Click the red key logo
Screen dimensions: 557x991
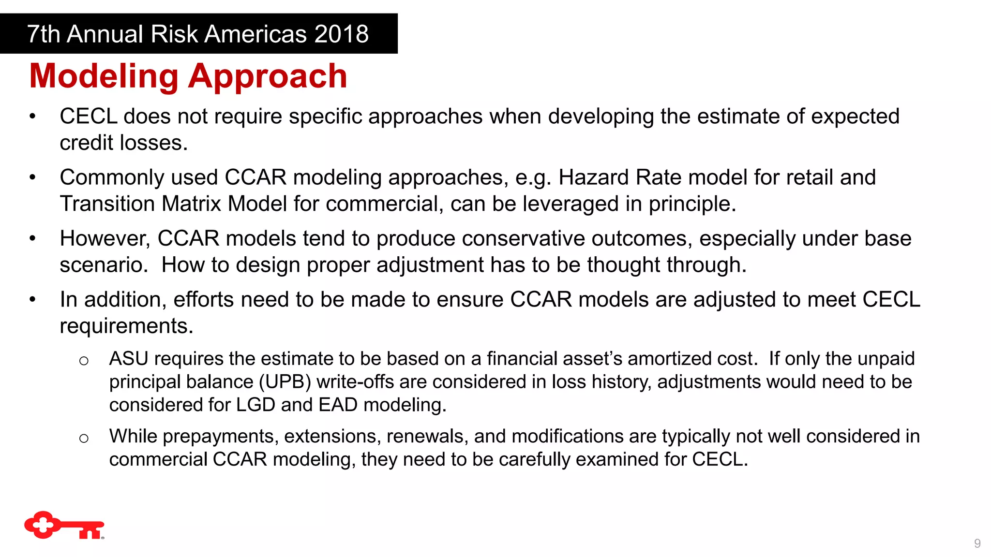(64, 525)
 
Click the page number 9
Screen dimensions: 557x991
(977, 543)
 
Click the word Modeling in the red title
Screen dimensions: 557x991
(104, 76)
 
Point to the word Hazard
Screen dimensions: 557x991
(594, 177)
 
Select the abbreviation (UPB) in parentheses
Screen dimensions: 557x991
(285, 382)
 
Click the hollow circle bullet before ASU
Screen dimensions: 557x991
(84, 361)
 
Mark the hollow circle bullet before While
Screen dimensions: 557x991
(84, 439)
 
